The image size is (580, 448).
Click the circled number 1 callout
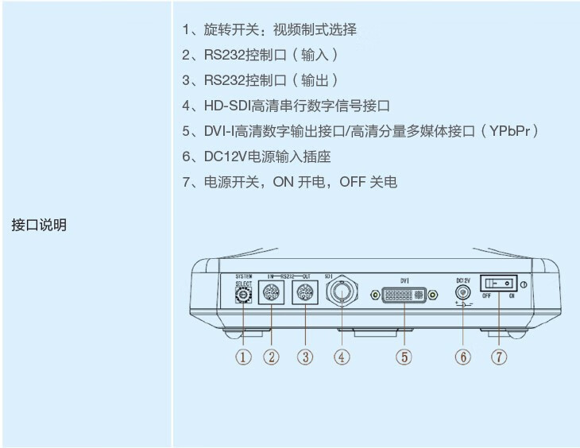click(244, 357)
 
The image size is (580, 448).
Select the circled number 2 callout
click(273, 357)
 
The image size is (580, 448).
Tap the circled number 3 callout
click(306, 357)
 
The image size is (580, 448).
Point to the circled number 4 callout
click(342, 357)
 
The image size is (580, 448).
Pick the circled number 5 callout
click(404, 357)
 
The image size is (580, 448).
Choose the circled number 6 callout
click(463, 357)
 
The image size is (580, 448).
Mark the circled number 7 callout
click(499, 357)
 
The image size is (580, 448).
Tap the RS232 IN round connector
click(272, 294)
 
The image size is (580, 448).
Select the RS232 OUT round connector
click(306, 294)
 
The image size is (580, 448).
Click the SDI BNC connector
click(342, 294)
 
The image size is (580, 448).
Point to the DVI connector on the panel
click(404, 295)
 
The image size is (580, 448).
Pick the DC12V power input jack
click(462, 292)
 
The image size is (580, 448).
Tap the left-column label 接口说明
click(39, 225)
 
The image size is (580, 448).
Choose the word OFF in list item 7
click(353, 182)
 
